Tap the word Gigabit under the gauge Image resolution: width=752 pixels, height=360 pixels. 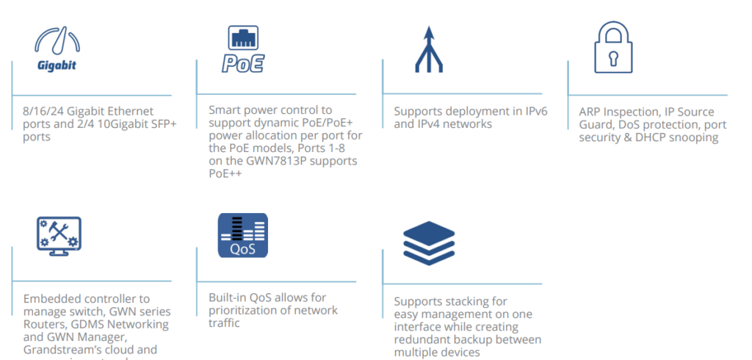pyautogui.click(x=57, y=65)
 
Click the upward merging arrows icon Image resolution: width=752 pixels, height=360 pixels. pyautogui.click(x=428, y=49)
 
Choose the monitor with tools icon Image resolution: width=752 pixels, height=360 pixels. pyautogui.click(x=59, y=236)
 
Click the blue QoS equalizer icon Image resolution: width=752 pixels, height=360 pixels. pyautogui.click(x=242, y=235)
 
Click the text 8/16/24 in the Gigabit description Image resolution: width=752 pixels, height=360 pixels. pyautogui.click(x=44, y=112)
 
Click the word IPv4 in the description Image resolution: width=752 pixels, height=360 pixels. pyautogui.click(x=430, y=124)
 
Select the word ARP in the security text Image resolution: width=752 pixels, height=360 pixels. pyautogui.click(x=591, y=112)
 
